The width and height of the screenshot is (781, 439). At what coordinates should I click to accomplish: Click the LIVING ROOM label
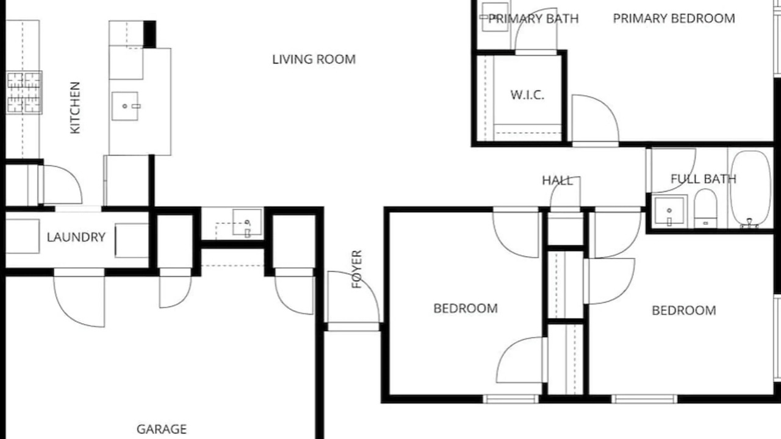(x=314, y=60)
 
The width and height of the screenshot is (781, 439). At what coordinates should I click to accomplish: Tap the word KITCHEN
(x=75, y=108)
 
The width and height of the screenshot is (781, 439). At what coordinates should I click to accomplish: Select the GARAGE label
(x=162, y=429)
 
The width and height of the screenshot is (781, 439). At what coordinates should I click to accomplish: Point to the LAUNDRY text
(x=76, y=237)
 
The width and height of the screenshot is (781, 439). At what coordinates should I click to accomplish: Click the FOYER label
(x=357, y=269)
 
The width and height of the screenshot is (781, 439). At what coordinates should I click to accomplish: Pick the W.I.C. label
(x=527, y=95)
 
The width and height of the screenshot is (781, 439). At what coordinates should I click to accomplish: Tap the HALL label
(x=557, y=180)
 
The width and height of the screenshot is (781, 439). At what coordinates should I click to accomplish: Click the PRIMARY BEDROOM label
(x=674, y=18)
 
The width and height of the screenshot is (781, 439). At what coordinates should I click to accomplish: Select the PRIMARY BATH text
(x=533, y=18)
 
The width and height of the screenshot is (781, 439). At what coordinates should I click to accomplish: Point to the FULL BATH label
(x=704, y=179)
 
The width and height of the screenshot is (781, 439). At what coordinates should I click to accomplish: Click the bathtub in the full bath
(x=750, y=188)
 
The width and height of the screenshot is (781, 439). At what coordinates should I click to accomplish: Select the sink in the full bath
(x=669, y=211)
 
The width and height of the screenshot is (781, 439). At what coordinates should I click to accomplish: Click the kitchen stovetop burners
(x=24, y=93)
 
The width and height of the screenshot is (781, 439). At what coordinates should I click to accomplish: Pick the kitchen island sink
(x=125, y=106)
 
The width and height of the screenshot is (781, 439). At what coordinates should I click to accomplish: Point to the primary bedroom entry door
(x=596, y=119)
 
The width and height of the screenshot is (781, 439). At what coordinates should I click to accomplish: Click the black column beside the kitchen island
(x=149, y=34)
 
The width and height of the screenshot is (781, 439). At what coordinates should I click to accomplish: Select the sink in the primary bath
(x=495, y=16)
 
